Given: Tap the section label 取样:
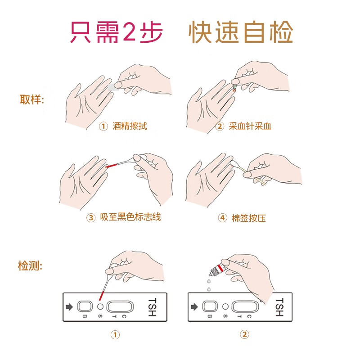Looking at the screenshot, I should [x=31, y=99].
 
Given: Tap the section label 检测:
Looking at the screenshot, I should [x=30, y=265].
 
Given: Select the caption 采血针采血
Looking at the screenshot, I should [x=250, y=126].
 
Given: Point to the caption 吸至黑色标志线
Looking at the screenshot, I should [x=130, y=217].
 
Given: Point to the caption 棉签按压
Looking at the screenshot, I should [x=248, y=218].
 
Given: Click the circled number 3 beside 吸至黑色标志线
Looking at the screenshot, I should [x=91, y=218].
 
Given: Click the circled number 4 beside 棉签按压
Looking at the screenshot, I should [x=222, y=218].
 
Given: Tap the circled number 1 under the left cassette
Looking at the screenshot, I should [x=116, y=335].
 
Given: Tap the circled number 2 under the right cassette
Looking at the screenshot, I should [x=244, y=334].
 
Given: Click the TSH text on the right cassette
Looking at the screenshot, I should [x=279, y=307].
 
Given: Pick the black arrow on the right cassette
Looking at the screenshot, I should [x=194, y=307].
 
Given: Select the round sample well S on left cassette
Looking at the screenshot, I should [x=100, y=307].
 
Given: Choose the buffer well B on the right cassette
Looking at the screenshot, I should [x=209, y=307].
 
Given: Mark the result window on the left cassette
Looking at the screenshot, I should [x=120, y=307].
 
